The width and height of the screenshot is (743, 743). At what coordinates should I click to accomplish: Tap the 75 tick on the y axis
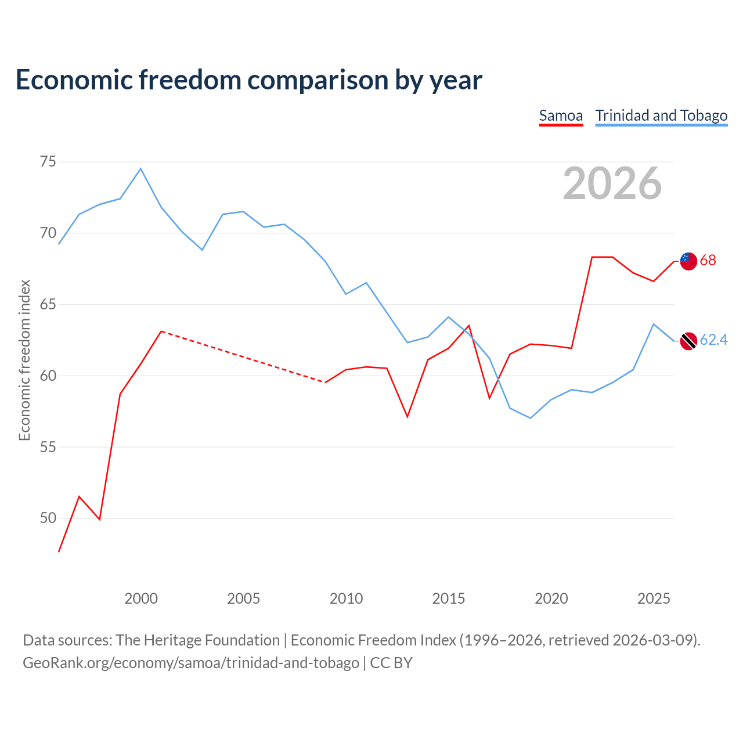[x=48, y=161]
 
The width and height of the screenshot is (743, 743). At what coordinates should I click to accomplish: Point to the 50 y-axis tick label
[x=48, y=518]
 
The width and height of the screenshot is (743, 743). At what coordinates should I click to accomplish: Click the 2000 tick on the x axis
[x=140, y=598]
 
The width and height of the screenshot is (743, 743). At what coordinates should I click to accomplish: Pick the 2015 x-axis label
[x=449, y=598]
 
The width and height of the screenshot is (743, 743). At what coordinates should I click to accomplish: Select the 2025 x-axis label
[x=654, y=598]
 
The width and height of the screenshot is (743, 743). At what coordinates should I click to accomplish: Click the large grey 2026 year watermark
[x=612, y=183]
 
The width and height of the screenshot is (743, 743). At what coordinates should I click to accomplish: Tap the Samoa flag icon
[x=688, y=261]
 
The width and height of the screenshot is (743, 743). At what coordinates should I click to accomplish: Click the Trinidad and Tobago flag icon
[x=688, y=341]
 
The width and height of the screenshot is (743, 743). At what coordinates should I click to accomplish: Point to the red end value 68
[x=708, y=260]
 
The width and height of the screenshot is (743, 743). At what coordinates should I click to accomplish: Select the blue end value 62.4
[x=713, y=340]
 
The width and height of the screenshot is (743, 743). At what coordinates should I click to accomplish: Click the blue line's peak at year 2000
[x=140, y=168]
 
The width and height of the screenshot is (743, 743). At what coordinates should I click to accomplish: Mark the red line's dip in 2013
[x=407, y=417]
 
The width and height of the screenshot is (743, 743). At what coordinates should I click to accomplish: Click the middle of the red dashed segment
[x=243, y=356]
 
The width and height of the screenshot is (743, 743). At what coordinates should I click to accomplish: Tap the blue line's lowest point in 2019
[x=531, y=418]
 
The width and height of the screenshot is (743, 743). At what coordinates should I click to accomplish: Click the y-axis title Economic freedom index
[x=25, y=360]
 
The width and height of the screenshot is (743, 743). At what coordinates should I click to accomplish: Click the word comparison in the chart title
[x=318, y=80]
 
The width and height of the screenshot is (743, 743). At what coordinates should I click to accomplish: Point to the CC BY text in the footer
[x=391, y=663]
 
